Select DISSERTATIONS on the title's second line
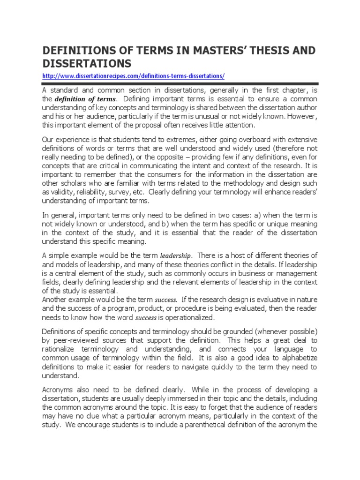pos(87,63)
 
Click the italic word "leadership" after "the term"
pos(175,256)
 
